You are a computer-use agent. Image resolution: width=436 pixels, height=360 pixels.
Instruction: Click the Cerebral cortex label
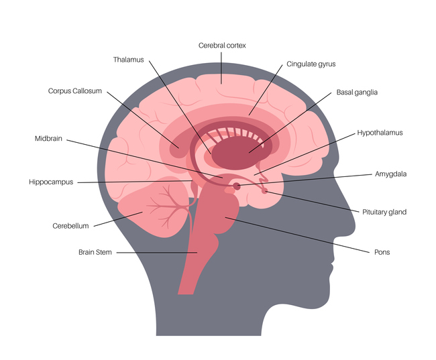point(222,46)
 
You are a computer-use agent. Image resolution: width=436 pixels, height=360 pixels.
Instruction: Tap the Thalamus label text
point(129,60)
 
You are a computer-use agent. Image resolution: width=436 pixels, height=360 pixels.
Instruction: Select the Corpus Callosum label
point(75,91)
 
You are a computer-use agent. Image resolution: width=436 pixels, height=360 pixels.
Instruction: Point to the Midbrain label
point(48,139)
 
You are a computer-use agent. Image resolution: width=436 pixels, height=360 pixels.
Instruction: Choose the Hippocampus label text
point(51,182)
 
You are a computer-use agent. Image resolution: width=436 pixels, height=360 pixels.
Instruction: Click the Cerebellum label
point(70,226)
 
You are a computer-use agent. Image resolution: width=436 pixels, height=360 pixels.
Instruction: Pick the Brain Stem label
point(95,252)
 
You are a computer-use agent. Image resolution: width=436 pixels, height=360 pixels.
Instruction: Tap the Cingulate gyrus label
point(311,64)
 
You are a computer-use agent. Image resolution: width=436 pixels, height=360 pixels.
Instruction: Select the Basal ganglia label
point(357,93)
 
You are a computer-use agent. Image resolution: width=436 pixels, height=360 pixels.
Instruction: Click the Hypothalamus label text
point(380,133)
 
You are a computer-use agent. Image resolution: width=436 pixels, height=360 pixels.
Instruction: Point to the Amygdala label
point(390,174)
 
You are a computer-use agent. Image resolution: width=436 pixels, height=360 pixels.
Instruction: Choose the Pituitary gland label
point(384,212)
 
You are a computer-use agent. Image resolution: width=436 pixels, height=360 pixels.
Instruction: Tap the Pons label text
point(382,252)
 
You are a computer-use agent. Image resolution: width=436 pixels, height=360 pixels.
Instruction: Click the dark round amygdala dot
point(237,186)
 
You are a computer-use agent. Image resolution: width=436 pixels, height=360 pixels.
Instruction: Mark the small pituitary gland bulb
point(264,190)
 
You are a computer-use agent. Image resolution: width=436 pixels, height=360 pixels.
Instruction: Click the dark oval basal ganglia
point(241,153)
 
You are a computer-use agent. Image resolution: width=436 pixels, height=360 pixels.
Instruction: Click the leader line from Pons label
point(297,235)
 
